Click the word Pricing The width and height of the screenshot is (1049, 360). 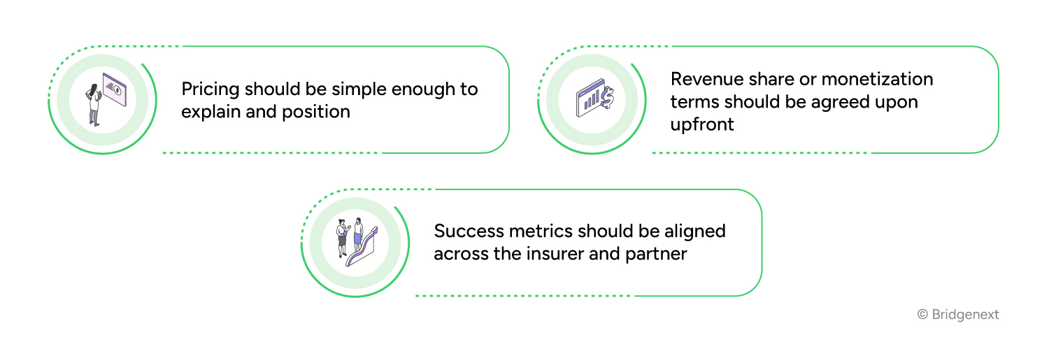click(210, 89)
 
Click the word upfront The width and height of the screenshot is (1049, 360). click(702, 125)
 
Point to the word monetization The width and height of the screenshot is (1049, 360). click(877, 79)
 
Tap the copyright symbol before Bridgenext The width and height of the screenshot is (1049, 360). click(922, 315)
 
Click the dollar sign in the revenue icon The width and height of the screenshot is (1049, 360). click(608, 97)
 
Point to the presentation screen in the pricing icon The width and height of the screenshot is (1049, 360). click(115, 89)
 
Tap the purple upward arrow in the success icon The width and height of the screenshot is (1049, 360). click(362, 247)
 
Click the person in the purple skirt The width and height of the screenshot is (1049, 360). click(358, 235)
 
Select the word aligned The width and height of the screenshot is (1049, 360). click(695, 232)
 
